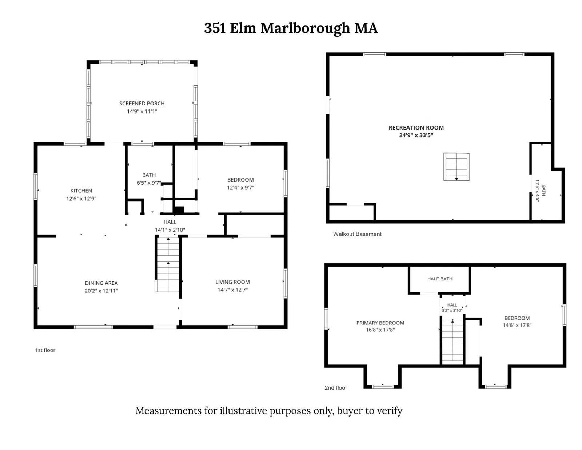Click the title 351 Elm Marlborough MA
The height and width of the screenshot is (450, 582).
pos(291,28)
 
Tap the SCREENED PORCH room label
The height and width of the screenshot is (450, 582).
pos(142,104)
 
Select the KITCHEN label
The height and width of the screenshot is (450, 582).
pos(81,191)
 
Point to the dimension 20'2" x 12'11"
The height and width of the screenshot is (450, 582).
pos(101,291)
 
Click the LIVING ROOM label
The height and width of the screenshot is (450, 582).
pos(232,282)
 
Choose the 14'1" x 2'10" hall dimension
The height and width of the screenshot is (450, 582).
pos(170,230)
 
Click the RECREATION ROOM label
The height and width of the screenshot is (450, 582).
pos(416,128)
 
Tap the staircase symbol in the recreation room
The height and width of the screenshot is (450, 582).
pos(457,167)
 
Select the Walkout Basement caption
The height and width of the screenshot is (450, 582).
pos(357,234)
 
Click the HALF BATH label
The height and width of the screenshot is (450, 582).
pos(440,279)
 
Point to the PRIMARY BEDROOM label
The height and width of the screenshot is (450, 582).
pos(380,323)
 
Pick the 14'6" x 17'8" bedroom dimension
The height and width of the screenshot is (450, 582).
pos(517,325)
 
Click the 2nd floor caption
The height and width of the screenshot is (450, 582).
pos(336,388)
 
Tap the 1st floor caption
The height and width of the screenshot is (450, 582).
pos(45,350)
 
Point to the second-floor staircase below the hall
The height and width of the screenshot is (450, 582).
pos(453,342)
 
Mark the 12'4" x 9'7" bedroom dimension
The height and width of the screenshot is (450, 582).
pos(240,187)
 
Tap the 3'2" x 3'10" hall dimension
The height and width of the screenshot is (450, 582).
pos(452,310)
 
